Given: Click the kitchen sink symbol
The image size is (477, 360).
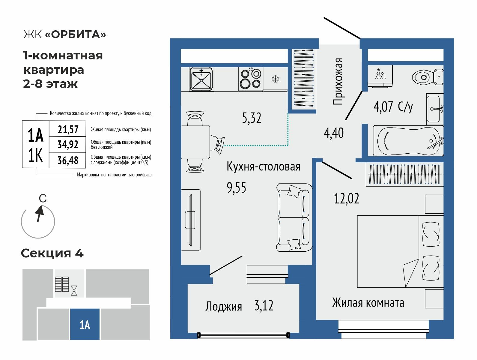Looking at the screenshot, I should click(x=201, y=79).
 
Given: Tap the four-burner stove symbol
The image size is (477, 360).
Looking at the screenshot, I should click(x=251, y=78).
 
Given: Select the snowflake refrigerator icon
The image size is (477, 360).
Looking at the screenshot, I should click(x=275, y=79).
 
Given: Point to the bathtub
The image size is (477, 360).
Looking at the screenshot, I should click(x=408, y=141).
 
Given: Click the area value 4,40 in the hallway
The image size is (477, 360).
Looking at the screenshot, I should click(x=334, y=133).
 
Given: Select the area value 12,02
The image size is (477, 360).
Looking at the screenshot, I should click(x=347, y=199).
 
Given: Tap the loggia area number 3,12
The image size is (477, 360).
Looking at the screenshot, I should click(x=264, y=306).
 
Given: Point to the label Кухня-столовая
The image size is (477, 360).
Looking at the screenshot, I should click(x=263, y=166).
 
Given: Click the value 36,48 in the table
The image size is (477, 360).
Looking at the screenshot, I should click(x=68, y=160).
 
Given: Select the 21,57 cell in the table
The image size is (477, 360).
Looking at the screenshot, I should click(x=68, y=130).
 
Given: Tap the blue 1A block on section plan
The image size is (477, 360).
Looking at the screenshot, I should click(x=85, y=324).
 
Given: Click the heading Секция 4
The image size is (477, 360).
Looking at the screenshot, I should click(x=52, y=253).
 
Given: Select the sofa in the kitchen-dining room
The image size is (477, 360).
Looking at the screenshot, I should click(x=294, y=218).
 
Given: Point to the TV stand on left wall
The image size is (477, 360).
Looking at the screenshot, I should click(x=190, y=220).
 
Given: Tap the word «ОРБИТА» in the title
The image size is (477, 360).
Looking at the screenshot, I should click(x=75, y=34).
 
